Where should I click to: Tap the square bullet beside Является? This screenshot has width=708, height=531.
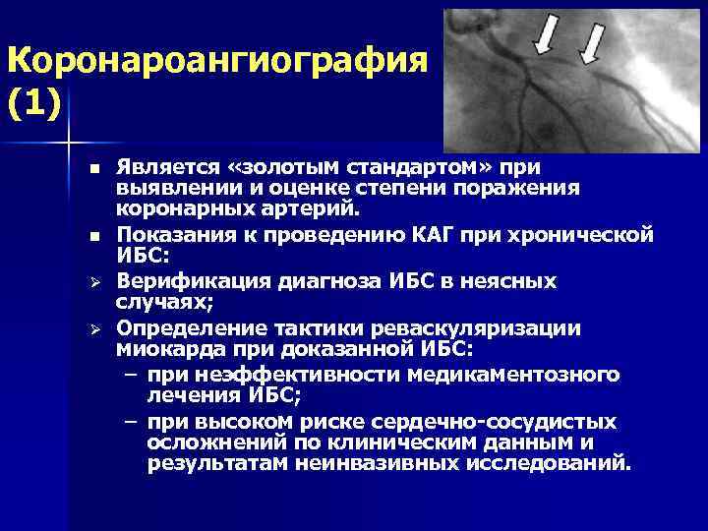[92, 170]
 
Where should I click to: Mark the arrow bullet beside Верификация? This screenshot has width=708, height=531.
[92, 283]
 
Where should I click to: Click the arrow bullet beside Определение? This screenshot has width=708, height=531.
[92, 329]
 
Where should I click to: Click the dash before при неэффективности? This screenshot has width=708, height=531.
[130, 374]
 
